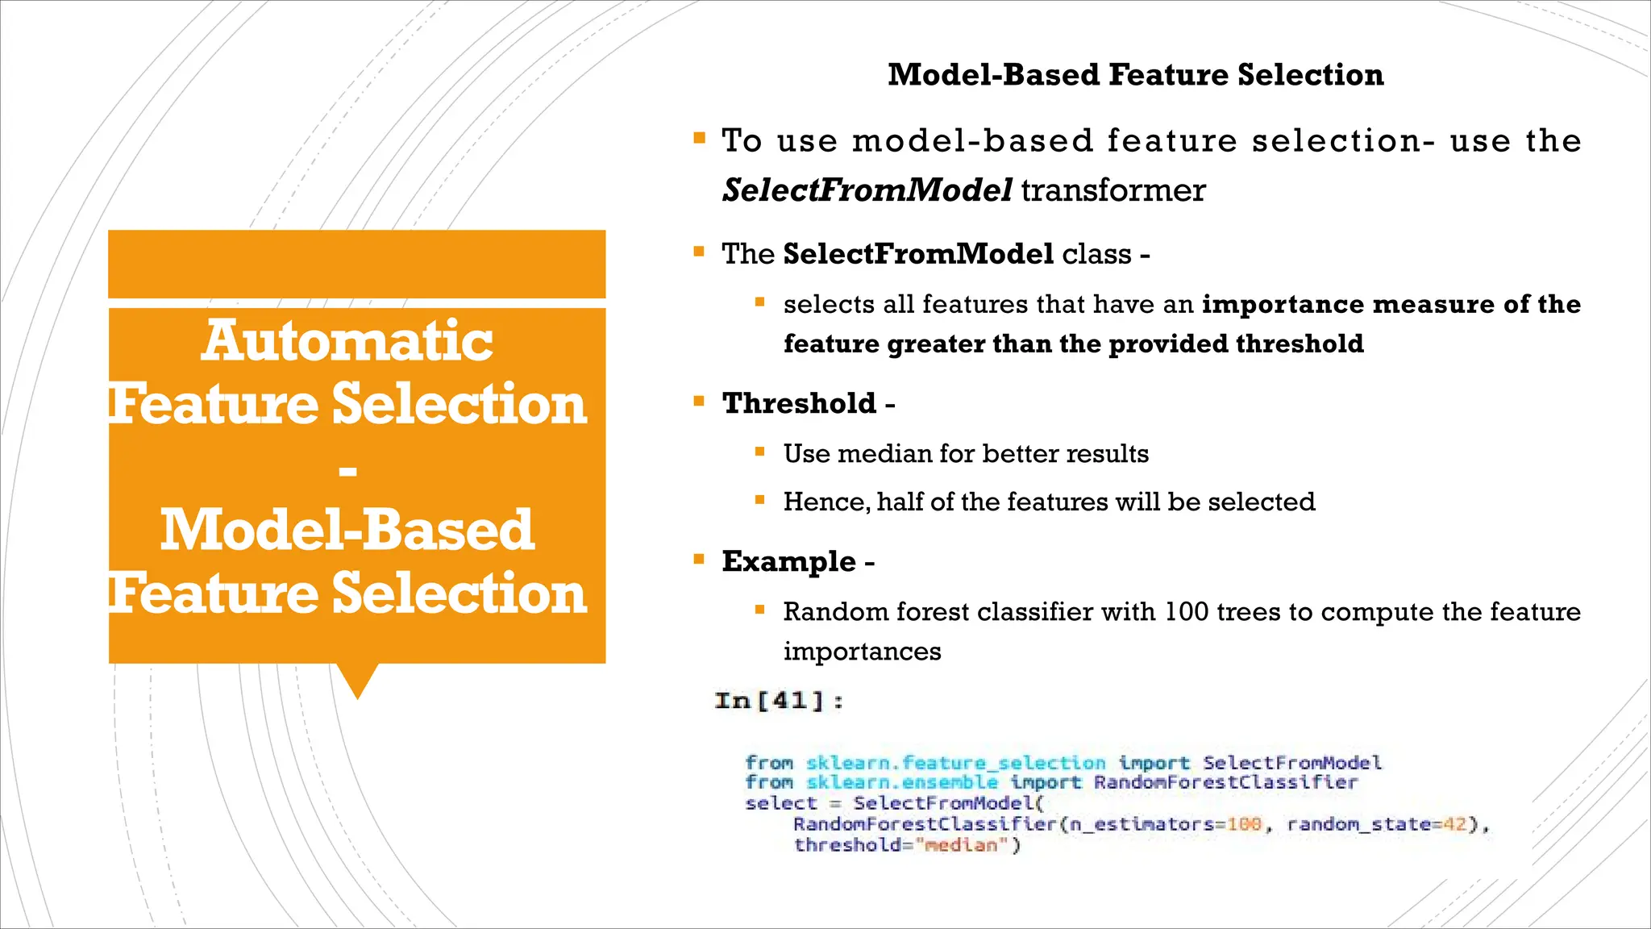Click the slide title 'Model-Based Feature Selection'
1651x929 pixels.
point(1135,75)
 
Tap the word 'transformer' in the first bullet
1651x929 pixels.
point(1113,191)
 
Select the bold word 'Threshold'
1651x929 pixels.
point(799,403)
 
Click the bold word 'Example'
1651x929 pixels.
point(788,561)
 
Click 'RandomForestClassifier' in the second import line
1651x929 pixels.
point(1225,782)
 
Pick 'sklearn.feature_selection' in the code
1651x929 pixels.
point(955,763)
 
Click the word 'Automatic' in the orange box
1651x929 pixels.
point(347,340)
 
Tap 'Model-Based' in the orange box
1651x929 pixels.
point(347,530)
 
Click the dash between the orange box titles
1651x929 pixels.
point(348,470)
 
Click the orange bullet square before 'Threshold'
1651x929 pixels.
point(699,400)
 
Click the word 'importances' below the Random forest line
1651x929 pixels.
point(862,652)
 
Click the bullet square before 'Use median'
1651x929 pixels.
point(759,452)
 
